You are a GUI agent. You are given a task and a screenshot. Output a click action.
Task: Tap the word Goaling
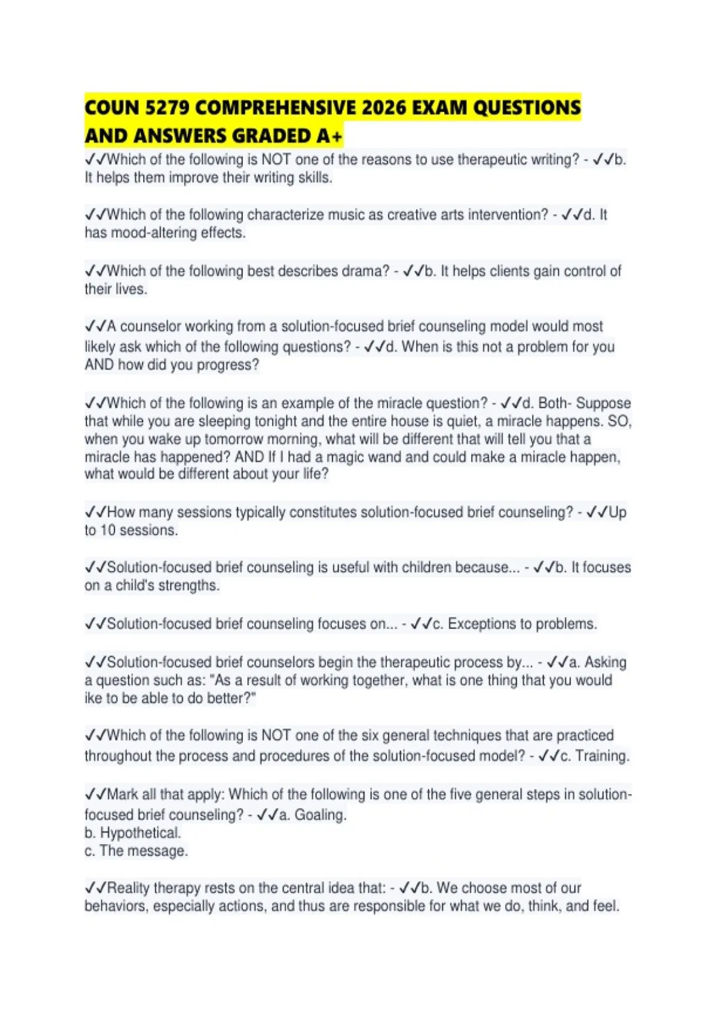pyautogui.click(x=320, y=815)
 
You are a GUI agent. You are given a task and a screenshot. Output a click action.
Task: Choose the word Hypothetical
pyautogui.click(x=140, y=833)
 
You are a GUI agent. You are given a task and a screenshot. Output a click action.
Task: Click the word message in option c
pyautogui.click(x=161, y=850)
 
